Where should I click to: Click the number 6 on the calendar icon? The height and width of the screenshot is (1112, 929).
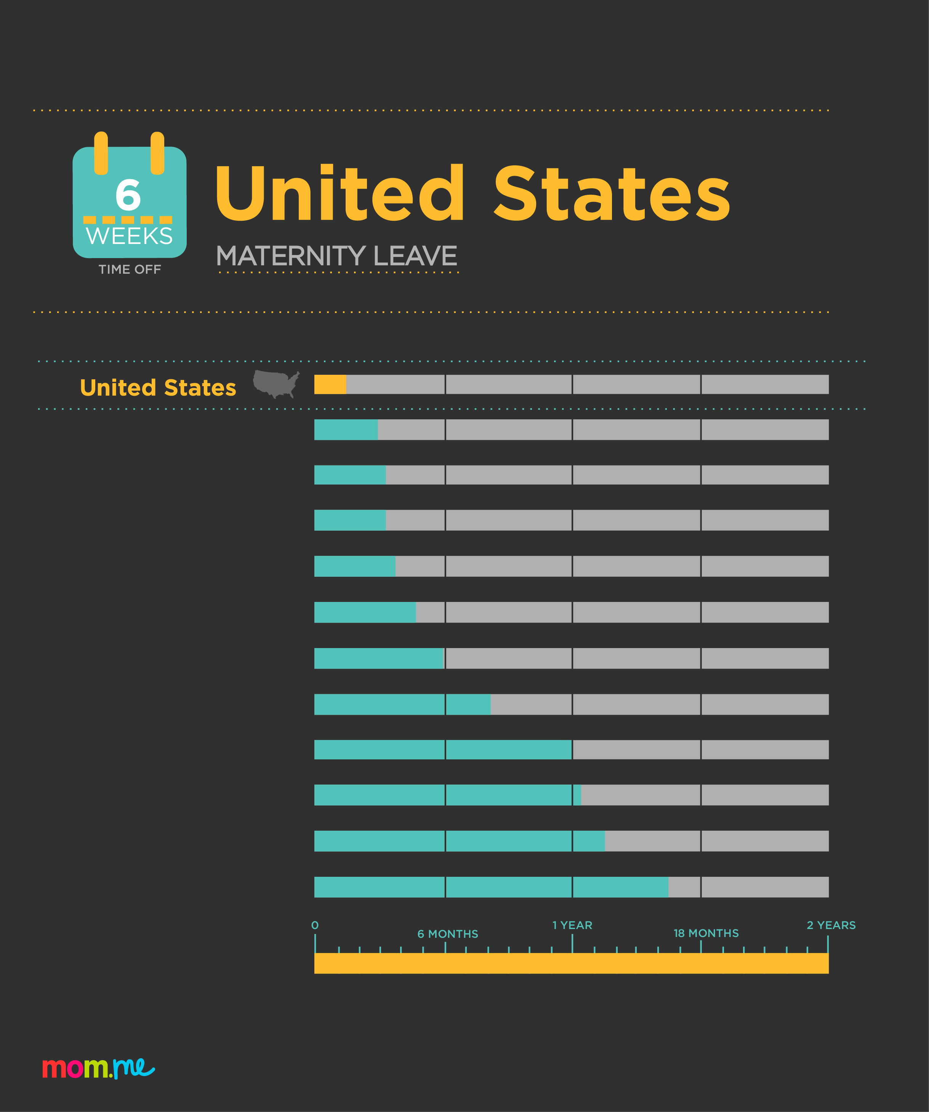tap(128, 194)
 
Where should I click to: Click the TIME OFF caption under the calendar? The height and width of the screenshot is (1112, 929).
tap(130, 270)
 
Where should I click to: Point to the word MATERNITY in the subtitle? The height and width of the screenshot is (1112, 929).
tap(291, 256)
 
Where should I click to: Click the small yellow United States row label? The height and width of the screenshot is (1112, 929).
tap(158, 388)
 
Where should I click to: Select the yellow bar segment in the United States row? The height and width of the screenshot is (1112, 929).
tap(330, 384)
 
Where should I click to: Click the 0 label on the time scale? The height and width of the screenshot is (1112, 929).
tap(315, 925)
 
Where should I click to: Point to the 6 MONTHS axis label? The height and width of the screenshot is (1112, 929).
tap(447, 934)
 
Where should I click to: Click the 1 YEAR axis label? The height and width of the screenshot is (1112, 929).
tap(572, 925)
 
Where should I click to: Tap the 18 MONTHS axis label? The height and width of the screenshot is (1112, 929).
tap(706, 933)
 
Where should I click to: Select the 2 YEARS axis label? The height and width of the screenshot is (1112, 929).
tap(831, 925)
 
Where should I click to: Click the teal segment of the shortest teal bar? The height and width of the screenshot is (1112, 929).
tap(346, 430)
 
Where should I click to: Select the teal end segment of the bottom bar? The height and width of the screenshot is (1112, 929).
tap(620, 887)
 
